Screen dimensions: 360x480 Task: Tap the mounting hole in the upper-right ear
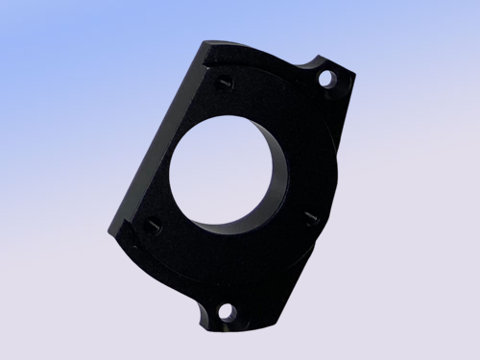click(x=326, y=77)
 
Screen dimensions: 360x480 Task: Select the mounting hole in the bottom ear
click(x=227, y=312)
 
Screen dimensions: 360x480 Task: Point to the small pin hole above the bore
click(x=223, y=84)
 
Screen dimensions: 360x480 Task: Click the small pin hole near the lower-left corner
click(x=153, y=227)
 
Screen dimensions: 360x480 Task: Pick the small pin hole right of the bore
click(x=309, y=217)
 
